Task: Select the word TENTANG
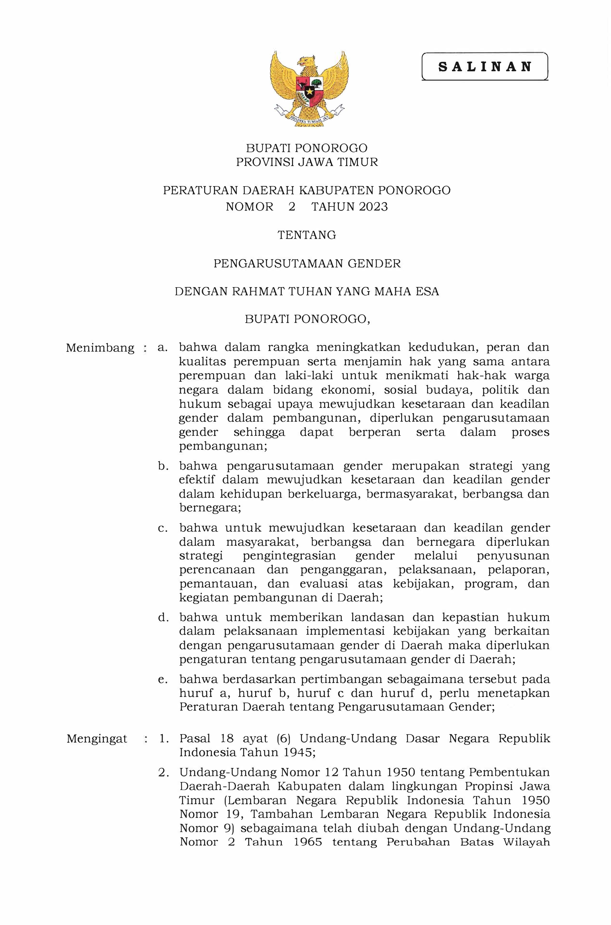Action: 307,235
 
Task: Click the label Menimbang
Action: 100,348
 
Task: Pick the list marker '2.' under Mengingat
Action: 163,772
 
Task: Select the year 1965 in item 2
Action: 308,842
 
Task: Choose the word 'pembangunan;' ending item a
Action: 223,446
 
